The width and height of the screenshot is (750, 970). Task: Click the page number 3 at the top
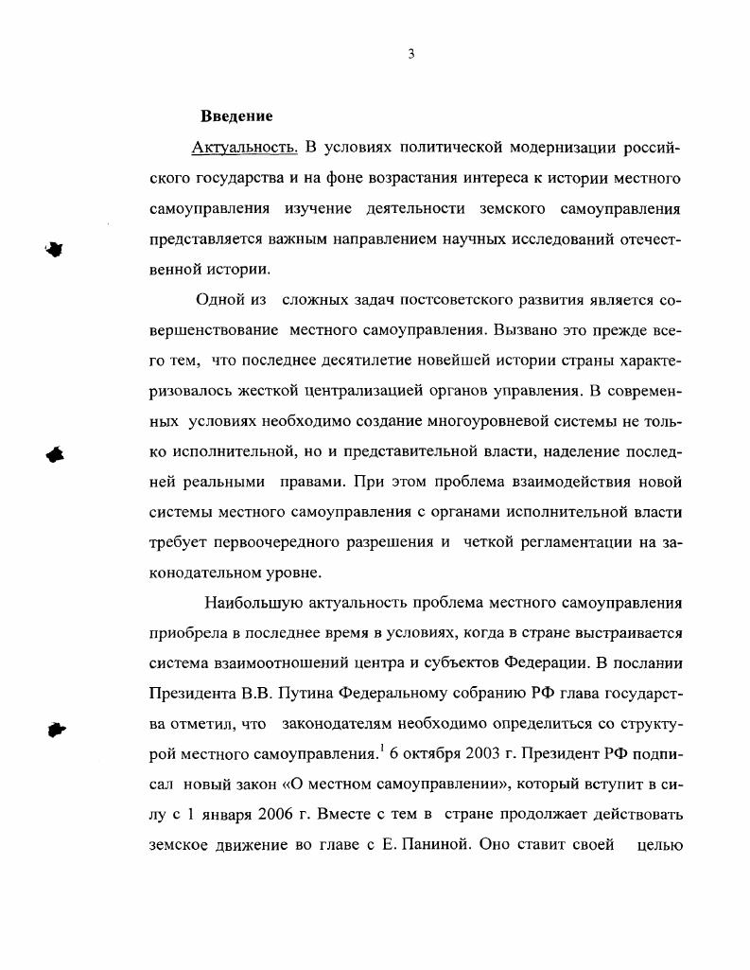coord(410,54)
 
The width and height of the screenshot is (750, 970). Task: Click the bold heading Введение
coord(236,116)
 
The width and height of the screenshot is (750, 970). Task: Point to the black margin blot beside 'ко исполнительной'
coord(57,453)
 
